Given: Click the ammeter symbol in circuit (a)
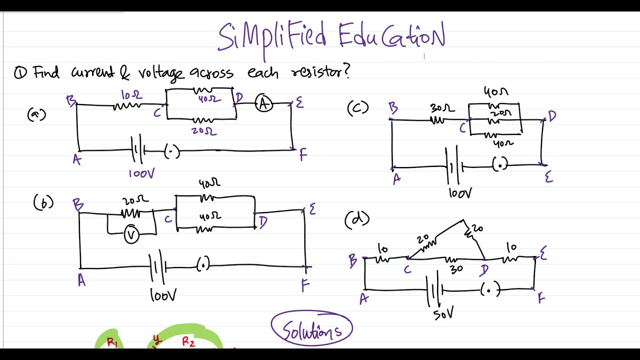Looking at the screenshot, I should click(x=264, y=103).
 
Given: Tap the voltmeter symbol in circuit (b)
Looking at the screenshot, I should click(x=131, y=234).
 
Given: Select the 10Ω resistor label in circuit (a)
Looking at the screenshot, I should click(x=131, y=94).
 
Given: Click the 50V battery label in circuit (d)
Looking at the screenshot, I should click(x=443, y=313).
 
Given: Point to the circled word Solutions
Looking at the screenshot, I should click(x=312, y=329).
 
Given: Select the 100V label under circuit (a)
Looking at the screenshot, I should click(x=141, y=173).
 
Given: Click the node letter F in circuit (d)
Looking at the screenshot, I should click(x=541, y=298).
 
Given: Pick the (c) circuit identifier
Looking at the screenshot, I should click(x=357, y=107).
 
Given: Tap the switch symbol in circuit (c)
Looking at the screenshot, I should click(x=500, y=164).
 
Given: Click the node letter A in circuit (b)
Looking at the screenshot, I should click(x=81, y=281).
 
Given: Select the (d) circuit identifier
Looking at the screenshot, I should click(x=357, y=219).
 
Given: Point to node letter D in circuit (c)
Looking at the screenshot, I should click(x=552, y=116).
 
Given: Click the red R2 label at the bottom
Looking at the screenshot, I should click(x=188, y=342).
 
